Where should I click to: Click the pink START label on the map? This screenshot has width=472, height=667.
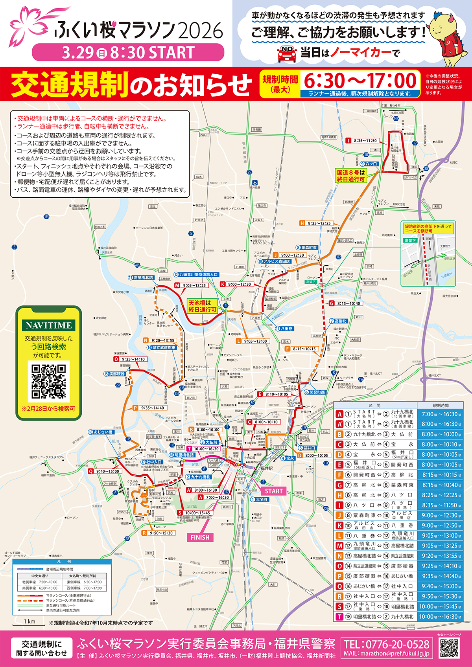(274, 491)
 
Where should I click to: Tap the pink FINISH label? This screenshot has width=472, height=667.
(200, 537)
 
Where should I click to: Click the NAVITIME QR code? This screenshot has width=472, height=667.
(48, 381)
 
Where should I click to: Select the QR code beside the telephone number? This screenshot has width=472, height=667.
(449, 648)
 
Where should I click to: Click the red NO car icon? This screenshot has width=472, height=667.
(287, 54)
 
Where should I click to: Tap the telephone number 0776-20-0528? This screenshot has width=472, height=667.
(386, 644)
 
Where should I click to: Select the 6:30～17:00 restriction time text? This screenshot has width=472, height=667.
(360, 81)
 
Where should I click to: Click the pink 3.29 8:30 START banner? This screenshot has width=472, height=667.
(128, 52)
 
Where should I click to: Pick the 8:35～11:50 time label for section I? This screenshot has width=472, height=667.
(365, 141)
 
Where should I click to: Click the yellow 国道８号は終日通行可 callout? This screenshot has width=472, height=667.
(351, 176)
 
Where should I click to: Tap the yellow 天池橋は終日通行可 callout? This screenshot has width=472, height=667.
(203, 306)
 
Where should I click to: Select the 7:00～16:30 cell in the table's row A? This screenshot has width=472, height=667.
(439, 414)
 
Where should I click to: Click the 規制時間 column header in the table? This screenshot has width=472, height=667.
(440, 405)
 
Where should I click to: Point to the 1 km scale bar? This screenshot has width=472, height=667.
(29, 625)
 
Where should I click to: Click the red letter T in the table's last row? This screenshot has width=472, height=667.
(339, 617)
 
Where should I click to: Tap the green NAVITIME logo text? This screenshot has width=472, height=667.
(49, 325)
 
